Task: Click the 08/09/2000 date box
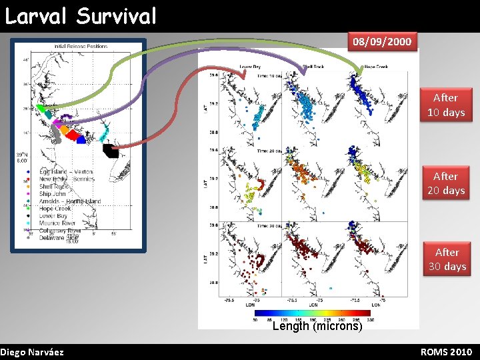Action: (x=382, y=42)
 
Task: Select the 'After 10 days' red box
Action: (x=445, y=105)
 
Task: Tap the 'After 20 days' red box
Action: (x=445, y=183)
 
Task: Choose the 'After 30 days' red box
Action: (x=446, y=259)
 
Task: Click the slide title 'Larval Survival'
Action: (x=81, y=15)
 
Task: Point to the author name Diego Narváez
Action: (x=32, y=351)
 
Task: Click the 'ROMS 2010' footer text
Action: (x=446, y=351)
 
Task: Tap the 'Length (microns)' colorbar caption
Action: (x=317, y=326)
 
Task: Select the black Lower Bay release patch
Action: (x=110, y=150)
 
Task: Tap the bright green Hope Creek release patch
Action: (x=41, y=108)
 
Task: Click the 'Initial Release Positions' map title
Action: (x=81, y=47)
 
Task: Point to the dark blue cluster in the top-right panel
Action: (x=362, y=93)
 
